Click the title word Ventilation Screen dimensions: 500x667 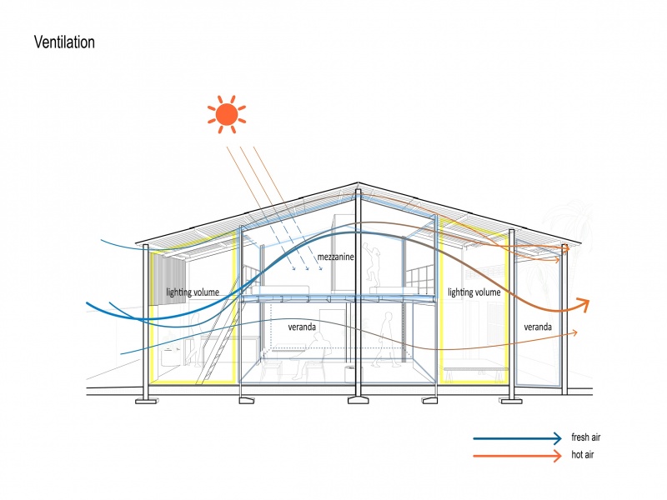click(64, 42)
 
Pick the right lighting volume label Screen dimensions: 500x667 click(474, 292)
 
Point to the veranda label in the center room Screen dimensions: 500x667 click(302, 327)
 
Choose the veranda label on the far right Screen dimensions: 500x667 click(538, 327)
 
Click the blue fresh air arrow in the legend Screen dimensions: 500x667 click(517, 437)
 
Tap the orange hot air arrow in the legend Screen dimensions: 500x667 click(517, 455)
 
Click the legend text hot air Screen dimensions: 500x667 click(583, 455)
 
